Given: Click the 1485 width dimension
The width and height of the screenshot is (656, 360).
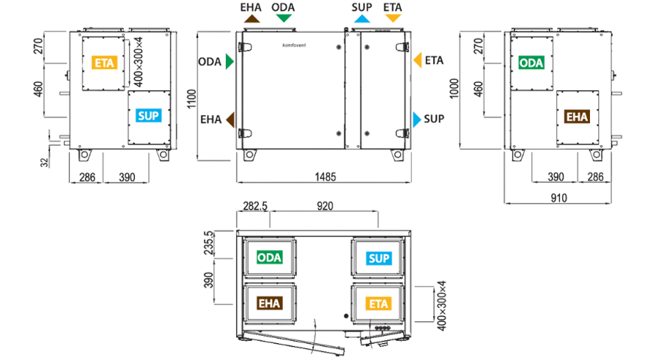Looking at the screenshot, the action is click(325, 177).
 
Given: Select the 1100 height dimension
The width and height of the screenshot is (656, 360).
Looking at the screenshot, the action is click(191, 99).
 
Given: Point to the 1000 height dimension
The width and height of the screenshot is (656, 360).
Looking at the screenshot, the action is click(454, 89).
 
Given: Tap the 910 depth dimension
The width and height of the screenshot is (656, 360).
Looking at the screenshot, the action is click(559, 198).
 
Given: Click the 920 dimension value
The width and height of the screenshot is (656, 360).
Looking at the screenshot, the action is click(325, 206).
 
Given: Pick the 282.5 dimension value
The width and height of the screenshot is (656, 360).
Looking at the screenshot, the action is click(255, 206).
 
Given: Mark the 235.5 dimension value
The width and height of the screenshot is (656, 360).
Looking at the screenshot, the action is click(208, 243).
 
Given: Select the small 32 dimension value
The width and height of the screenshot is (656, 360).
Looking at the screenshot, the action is click(45, 163).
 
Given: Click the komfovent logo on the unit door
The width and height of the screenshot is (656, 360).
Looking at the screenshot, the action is click(294, 45).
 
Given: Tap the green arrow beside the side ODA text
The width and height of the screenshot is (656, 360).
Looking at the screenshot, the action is click(229, 62).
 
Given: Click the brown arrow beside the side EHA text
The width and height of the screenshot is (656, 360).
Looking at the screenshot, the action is click(230, 120).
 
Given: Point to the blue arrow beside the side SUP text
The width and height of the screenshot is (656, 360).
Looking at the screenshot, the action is click(417, 120).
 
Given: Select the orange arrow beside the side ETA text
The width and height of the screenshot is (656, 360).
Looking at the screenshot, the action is click(418, 60).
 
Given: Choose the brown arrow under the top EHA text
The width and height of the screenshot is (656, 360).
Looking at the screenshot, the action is click(252, 18).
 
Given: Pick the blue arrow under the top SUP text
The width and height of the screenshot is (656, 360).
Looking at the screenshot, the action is click(361, 18).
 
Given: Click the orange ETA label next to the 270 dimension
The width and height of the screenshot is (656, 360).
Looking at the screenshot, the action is click(104, 63).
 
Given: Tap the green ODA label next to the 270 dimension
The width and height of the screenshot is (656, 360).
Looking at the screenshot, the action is click(531, 63).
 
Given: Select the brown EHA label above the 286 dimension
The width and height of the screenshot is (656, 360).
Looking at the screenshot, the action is click(577, 117).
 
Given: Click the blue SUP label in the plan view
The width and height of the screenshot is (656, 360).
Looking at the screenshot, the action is click(379, 258).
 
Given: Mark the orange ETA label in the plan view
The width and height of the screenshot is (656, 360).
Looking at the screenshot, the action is click(379, 304).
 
